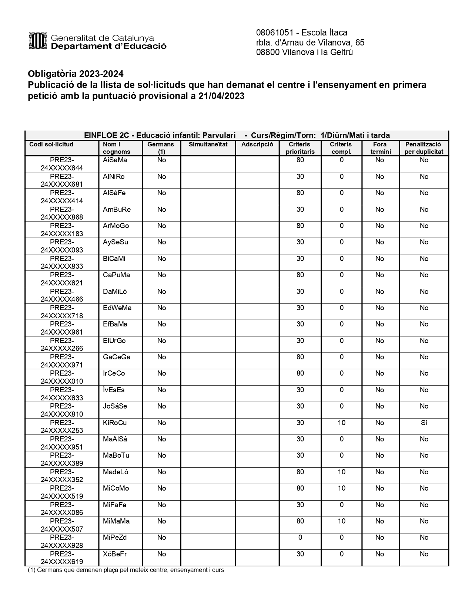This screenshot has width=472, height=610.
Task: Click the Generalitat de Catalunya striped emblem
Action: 38,41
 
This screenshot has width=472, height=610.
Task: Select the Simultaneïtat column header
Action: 208,144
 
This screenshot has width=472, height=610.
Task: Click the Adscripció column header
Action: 257,144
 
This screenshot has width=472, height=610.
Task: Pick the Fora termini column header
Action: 380,148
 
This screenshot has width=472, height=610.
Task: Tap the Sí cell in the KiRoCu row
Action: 424,423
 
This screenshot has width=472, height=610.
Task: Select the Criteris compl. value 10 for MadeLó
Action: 341,472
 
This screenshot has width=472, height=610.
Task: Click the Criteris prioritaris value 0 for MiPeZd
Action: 300,537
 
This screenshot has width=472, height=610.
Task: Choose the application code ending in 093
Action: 62,246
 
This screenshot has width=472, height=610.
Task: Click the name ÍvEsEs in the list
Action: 114,390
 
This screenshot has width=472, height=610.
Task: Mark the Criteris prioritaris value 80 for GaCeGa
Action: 300,357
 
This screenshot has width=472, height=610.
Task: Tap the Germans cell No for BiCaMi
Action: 161,258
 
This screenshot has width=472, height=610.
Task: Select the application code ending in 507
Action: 62,525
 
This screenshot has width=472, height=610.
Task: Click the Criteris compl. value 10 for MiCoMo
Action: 341,488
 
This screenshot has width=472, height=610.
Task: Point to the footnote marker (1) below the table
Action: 31,570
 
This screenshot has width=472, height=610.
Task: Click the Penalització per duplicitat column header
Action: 424,148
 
